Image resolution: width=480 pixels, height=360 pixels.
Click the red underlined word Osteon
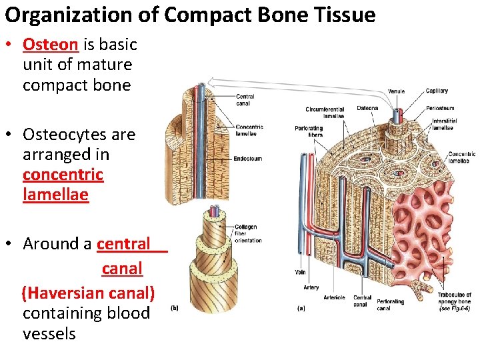pos(51,45)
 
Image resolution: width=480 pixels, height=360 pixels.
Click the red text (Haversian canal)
pos(88,293)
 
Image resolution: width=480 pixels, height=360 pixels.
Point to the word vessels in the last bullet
pos(49,333)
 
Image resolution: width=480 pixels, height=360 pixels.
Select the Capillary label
pos(437,91)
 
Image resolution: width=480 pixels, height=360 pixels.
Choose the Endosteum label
pos(248,159)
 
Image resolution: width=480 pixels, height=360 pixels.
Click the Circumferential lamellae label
pos(325,112)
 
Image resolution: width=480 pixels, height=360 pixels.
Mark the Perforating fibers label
pos(309,131)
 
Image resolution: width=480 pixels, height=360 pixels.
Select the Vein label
pos(299,272)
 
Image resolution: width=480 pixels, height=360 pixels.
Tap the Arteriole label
pos(334,297)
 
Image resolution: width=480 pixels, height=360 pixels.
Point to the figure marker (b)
pos(175,308)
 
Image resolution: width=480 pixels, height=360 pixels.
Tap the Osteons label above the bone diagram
pos(367,108)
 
